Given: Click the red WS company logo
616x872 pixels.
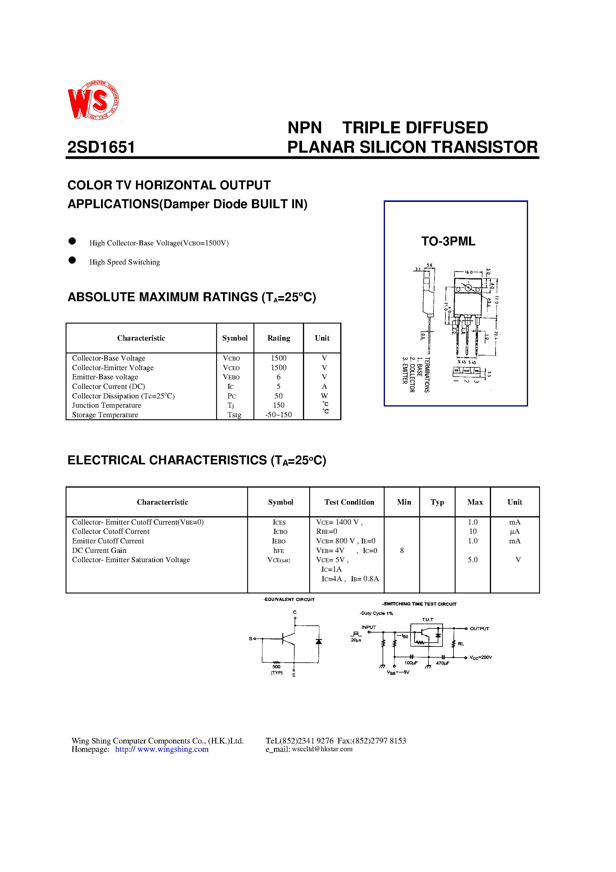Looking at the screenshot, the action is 93,100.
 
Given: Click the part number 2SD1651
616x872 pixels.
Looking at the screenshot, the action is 101,147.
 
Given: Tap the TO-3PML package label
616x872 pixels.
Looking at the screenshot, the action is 448,241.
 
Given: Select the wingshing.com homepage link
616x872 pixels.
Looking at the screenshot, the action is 162,749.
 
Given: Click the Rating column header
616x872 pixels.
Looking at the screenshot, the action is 278,338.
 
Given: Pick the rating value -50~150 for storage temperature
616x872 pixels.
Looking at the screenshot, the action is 278,415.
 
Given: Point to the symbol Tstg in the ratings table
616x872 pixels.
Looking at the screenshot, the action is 234,415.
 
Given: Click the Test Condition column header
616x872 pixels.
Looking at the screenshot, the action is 349,502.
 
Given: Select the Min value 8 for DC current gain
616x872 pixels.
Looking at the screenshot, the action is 402,550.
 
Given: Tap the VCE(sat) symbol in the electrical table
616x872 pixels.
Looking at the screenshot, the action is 278,560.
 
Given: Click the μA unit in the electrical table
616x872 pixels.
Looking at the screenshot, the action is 515,531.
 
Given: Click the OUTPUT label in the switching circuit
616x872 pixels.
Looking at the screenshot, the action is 479,629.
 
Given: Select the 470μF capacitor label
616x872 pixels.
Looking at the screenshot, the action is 442,663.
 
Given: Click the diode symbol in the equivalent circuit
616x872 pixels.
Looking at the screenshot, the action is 319,641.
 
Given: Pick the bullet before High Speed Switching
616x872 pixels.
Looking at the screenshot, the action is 72,260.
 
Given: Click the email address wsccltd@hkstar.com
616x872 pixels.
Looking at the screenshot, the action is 322,749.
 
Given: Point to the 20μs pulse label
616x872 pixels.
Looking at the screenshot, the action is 356,640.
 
